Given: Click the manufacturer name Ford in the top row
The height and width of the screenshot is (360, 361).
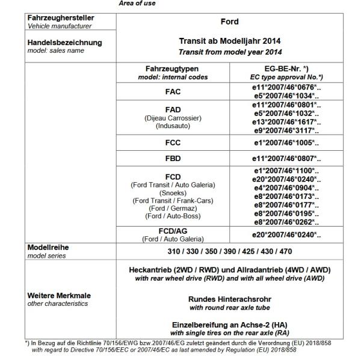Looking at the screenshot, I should pyautogui.click(x=229, y=22).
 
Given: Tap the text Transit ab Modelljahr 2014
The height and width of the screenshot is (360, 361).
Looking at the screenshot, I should pyautogui.click(x=229, y=41).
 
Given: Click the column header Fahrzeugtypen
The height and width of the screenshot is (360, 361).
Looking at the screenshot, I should pyautogui.click(x=173, y=69).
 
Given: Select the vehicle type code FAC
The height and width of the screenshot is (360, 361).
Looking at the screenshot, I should pyautogui.click(x=173, y=92).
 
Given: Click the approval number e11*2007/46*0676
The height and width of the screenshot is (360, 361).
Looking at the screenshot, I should pyautogui.click(x=286, y=88).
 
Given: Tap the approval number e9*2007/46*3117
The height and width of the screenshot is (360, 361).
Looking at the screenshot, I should pyautogui.click(x=286, y=129).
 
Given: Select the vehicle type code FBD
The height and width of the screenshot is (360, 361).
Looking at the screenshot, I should pyautogui.click(x=173, y=159).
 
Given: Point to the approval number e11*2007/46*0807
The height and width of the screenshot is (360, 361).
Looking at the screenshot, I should pyautogui.click(x=286, y=159).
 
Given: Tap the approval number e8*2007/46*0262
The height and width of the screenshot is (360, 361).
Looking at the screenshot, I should pyautogui.click(x=286, y=222).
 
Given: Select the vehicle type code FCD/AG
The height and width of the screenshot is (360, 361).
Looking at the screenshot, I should pyautogui.click(x=173, y=232).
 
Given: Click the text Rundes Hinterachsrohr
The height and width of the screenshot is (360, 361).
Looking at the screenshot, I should pyautogui.click(x=229, y=299).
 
